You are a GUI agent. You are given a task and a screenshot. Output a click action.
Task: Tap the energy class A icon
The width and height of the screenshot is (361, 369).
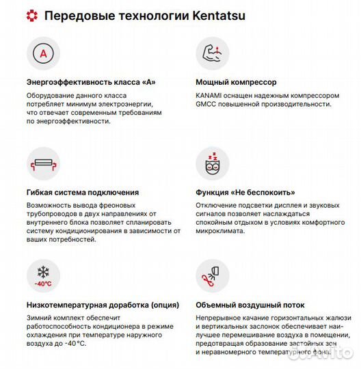coord(44,53)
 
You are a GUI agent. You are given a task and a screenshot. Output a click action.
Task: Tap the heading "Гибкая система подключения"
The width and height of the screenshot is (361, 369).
coord(82,193)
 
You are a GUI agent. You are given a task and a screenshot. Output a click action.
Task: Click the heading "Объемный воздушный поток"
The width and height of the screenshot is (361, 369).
coord(250,305)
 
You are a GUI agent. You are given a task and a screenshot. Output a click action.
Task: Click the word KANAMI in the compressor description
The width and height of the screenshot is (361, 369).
coord(210,95)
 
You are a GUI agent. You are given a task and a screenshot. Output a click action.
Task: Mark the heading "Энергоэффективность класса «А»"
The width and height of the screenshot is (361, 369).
coord(91,83)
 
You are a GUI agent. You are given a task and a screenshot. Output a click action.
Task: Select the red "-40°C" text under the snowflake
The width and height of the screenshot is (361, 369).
coord(44,283)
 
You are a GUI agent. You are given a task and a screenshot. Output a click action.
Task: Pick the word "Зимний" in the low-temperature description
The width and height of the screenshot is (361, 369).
coord(39,318)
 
